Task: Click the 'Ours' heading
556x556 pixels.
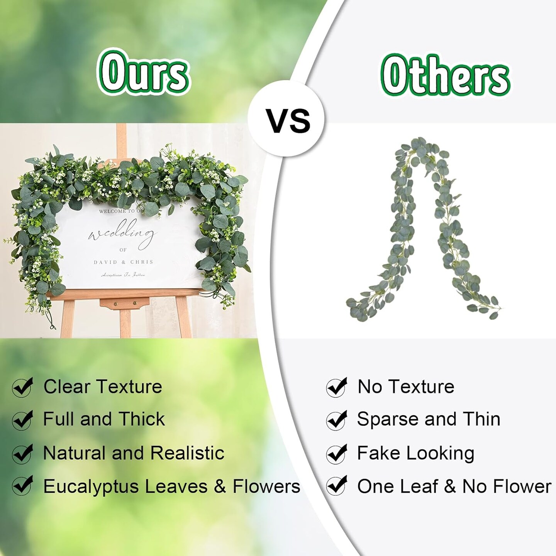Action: [x=143, y=72]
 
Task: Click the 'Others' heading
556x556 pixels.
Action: [x=445, y=76]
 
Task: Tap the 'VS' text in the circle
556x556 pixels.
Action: [x=288, y=120]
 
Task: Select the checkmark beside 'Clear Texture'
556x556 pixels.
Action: [x=22, y=387]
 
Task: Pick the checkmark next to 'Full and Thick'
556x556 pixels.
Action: [x=22, y=420]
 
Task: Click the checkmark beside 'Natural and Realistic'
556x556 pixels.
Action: [x=22, y=453]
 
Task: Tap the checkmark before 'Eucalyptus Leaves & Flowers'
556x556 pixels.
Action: [x=22, y=486]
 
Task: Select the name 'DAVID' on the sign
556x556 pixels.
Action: [x=105, y=262]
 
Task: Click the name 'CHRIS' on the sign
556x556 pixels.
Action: [x=142, y=262]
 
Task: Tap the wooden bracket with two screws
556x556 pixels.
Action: [x=124, y=303]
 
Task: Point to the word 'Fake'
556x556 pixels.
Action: [x=378, y=453]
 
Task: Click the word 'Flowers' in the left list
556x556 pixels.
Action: [x=266, y=486]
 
